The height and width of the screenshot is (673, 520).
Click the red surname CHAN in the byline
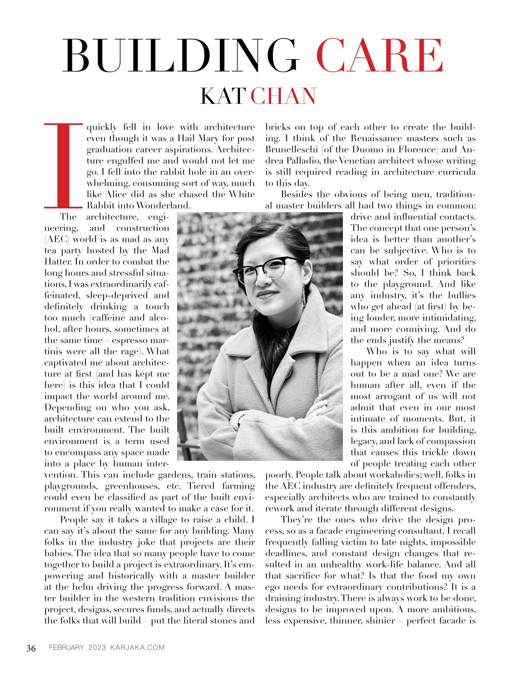coord(283,96)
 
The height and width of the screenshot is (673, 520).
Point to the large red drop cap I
coord(62,166)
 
